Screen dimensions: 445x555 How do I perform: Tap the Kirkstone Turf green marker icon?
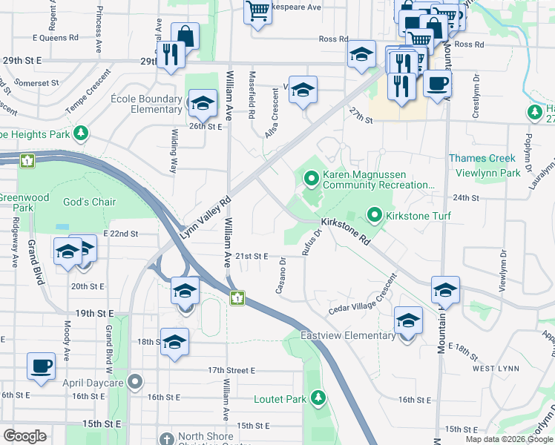click(x=375, y=216)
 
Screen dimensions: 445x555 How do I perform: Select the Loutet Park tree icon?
click(x=318, y=399)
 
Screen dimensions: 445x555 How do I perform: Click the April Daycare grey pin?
click(x=134, y=382)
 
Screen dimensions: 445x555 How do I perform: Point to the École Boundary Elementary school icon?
click(x=201, y=105)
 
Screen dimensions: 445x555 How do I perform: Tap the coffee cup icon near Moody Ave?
click(x=42, y=366)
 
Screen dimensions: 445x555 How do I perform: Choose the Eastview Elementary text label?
click(x=348, y=335)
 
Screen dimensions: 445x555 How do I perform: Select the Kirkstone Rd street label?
click(x=345, y=231)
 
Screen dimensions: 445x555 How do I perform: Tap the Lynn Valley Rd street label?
click(x=206, y=216)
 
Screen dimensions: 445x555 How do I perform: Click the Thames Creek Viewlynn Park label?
click(x=485, y=165)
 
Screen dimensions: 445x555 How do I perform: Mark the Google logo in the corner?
click(x=24, y=436)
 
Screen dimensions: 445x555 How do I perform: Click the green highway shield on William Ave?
click(x=237, y=299)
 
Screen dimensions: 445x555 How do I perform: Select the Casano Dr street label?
click(x=281, y=276)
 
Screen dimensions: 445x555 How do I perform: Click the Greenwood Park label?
click(x=24, y=202)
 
